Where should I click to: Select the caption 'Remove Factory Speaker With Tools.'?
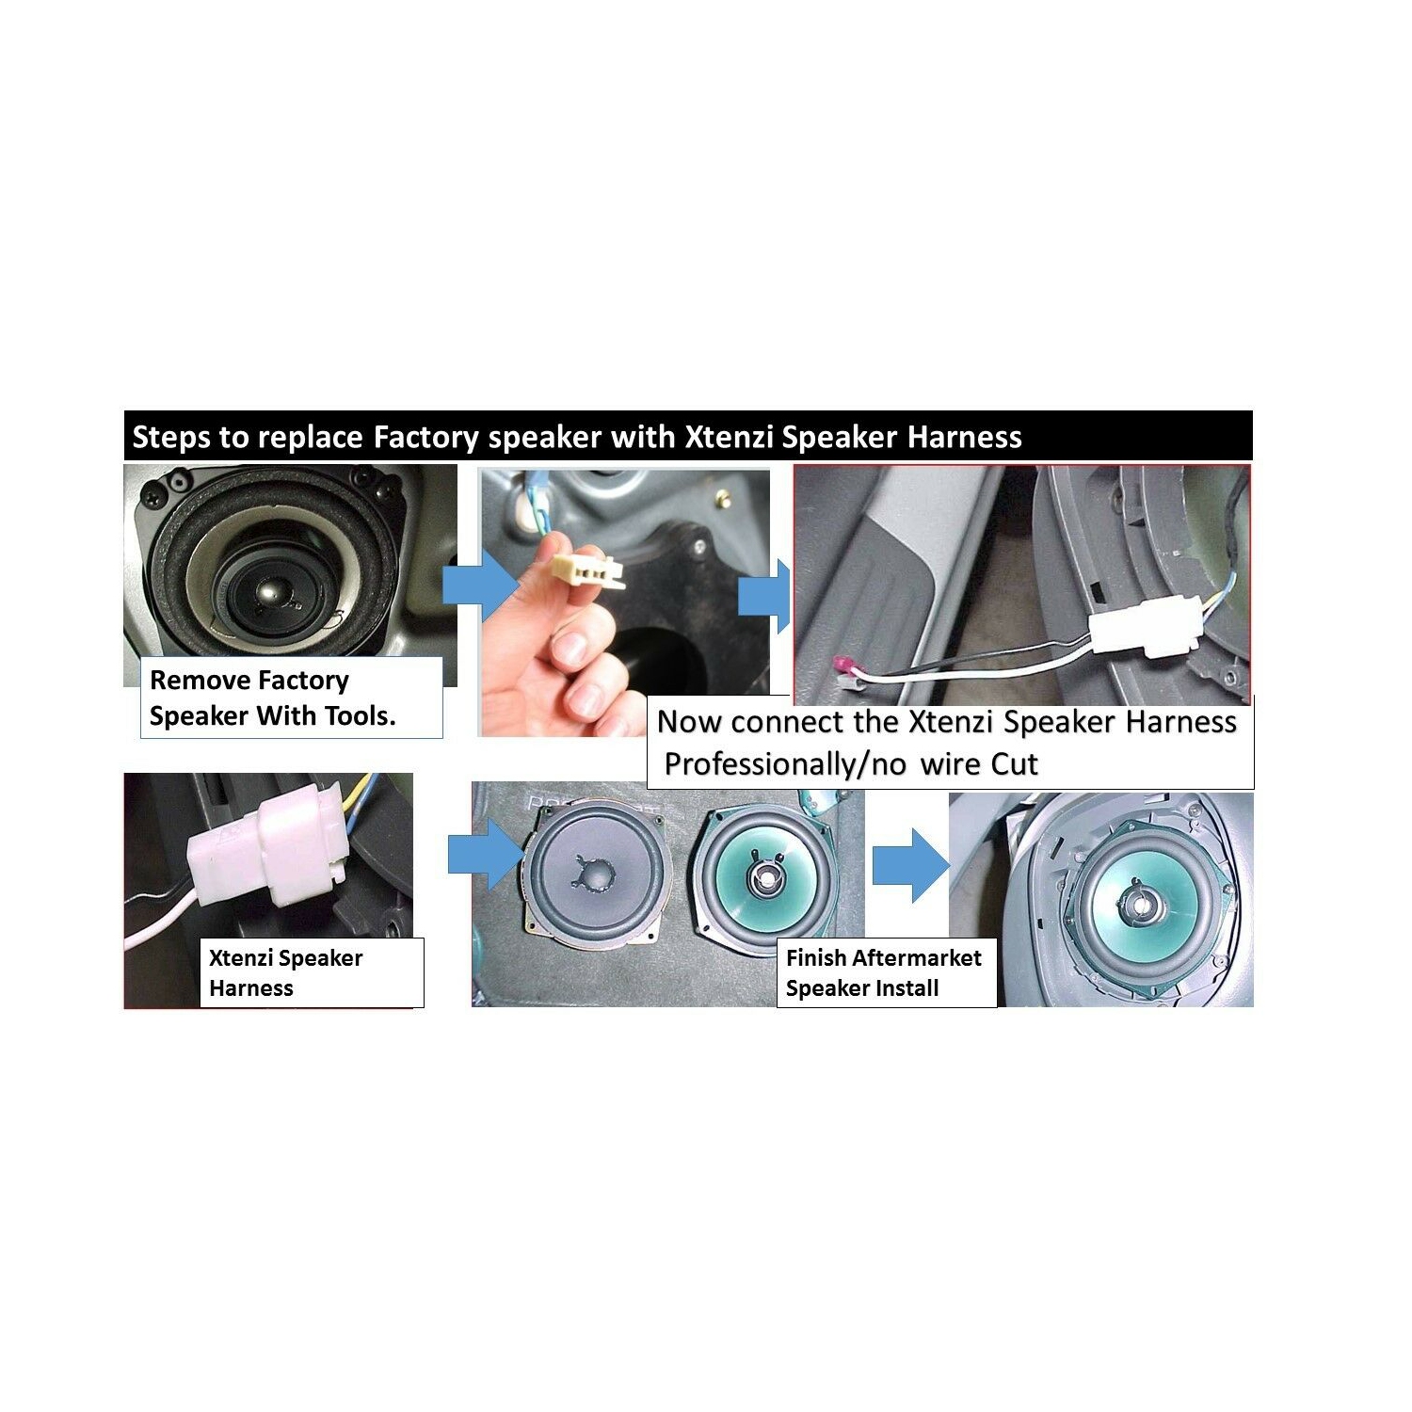[x=273, y=698]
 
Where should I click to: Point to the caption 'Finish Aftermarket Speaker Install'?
[x=884, y=973]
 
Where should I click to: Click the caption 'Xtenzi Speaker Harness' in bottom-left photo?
[x=285, y=973]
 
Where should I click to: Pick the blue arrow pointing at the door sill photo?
[x=764, y=595]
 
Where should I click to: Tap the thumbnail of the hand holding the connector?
[x=625, y=602]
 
